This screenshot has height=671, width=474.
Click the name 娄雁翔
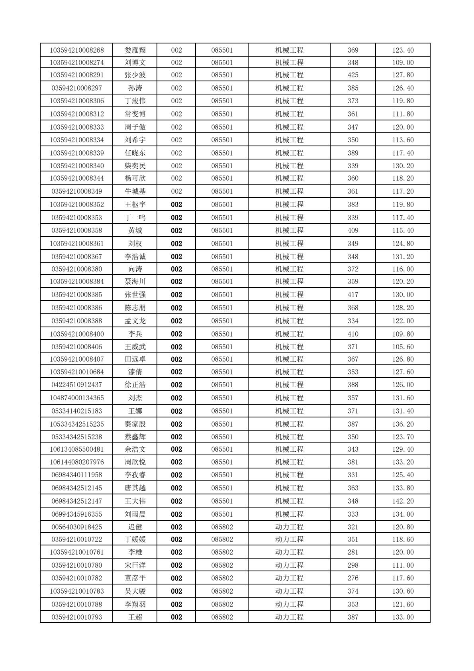tap(135, 50)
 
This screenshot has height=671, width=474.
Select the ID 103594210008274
tap(77, 63)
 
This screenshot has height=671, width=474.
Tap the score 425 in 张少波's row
tap(353, 75)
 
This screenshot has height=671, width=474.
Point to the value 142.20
tap(403, 501)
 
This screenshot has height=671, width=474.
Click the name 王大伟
tap(135, 501)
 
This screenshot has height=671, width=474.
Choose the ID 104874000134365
tap(77, 398)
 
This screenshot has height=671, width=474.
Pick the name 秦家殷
tap(135, 424)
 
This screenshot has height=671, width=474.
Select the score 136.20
tap(403, 424)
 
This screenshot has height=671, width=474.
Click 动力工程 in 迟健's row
tap(289, 527)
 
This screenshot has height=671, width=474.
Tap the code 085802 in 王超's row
tap(222, 617)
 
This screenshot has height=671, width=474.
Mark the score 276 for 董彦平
tap(353, 578)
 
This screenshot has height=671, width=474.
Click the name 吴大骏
tap(135, 591)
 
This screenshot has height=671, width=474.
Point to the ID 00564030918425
tap(77, 527)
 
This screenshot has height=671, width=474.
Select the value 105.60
tap(403, 347)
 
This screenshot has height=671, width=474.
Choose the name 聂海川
tap(135, 281)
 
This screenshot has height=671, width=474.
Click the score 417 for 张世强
tap(353, 295)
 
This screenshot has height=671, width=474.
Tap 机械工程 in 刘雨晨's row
tap(289, 514)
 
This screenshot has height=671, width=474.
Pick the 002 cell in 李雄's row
tap(176, 552)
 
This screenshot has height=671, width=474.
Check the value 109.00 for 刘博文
tap(403, 63)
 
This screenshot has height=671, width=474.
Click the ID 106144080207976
tap(77, 462)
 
